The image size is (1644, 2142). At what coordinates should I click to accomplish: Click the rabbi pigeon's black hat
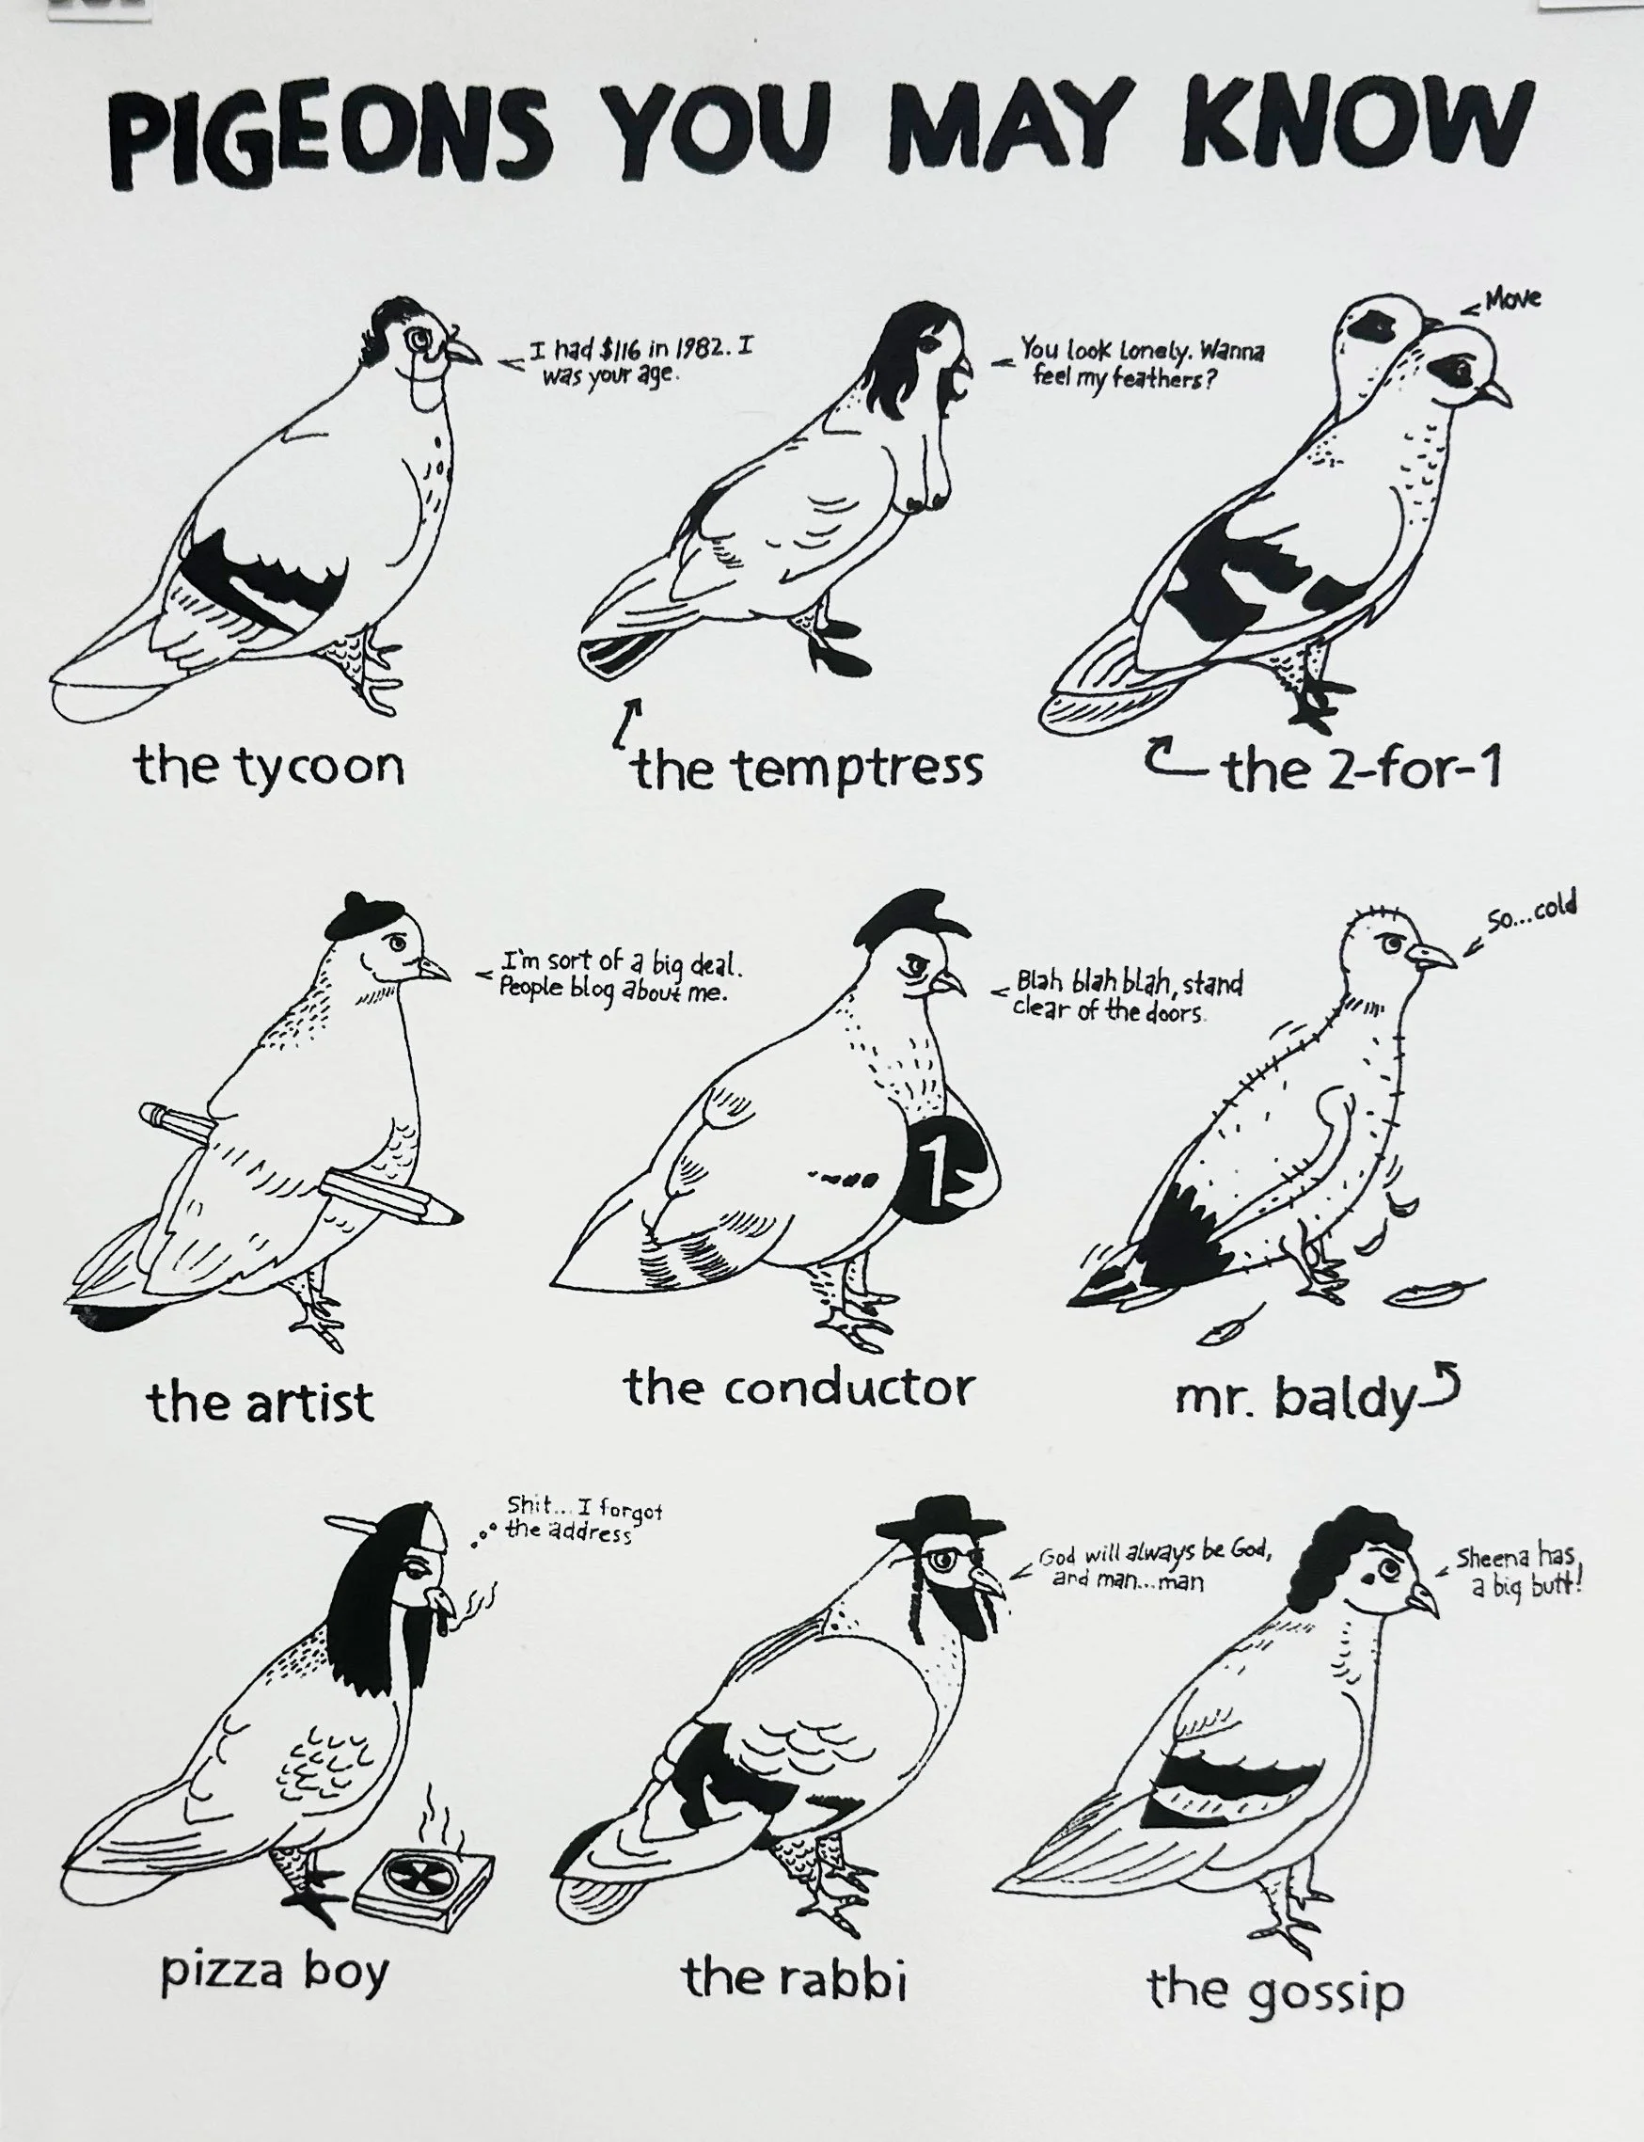pyautogui.click(x=941, y=1523)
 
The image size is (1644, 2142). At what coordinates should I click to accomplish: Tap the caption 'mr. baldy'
pyautogui.click(x=1296, y=1399)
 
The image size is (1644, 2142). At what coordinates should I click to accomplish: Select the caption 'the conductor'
pyautogui.click(x=799, y=1388)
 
